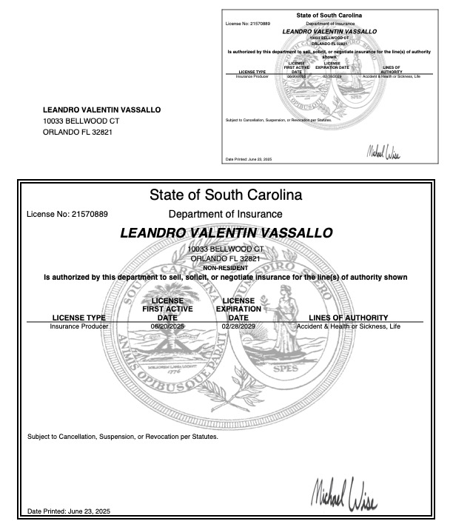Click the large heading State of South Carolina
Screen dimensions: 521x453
pyautogui.click(x=226, y=196)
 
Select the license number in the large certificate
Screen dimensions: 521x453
pyautogui.click(x=67, y=215)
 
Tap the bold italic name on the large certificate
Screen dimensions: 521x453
pyautogui.click(x=226, y=233)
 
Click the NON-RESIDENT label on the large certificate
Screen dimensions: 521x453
pyautogui.click(x=226, y=268)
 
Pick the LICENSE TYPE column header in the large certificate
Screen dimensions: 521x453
pyautogui.click(x=79, y=318)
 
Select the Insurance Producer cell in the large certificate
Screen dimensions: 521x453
pyautogui.click(x=79, y=326)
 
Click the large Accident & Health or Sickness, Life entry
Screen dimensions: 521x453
pyautogui.click(x=348, y=326)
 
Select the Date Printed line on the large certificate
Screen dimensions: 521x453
pyautogui.click(x=68, y=511)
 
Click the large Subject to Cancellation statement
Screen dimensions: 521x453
pyautogui.click(x=123, y=436)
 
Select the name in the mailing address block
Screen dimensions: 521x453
pyautogui.click(x=101, y=110)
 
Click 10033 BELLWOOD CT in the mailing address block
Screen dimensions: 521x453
pyautogui.click(x=81, y=121)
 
